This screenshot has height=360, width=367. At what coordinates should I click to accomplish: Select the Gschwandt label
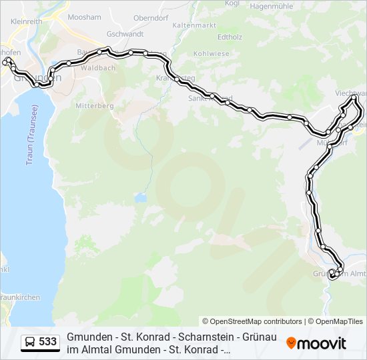[125, 33]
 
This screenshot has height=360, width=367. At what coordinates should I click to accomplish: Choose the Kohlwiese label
[211, 53]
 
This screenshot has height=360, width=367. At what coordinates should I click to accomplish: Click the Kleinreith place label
[27, 21]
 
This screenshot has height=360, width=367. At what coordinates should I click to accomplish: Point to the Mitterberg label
[95, 105]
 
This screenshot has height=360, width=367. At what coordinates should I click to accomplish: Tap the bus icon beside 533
[30, 342]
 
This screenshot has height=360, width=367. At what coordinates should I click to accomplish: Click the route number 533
[47, 342]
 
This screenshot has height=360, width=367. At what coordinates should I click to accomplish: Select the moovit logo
[316, 343]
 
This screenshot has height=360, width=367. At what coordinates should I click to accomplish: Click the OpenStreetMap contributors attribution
[252, 321]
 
